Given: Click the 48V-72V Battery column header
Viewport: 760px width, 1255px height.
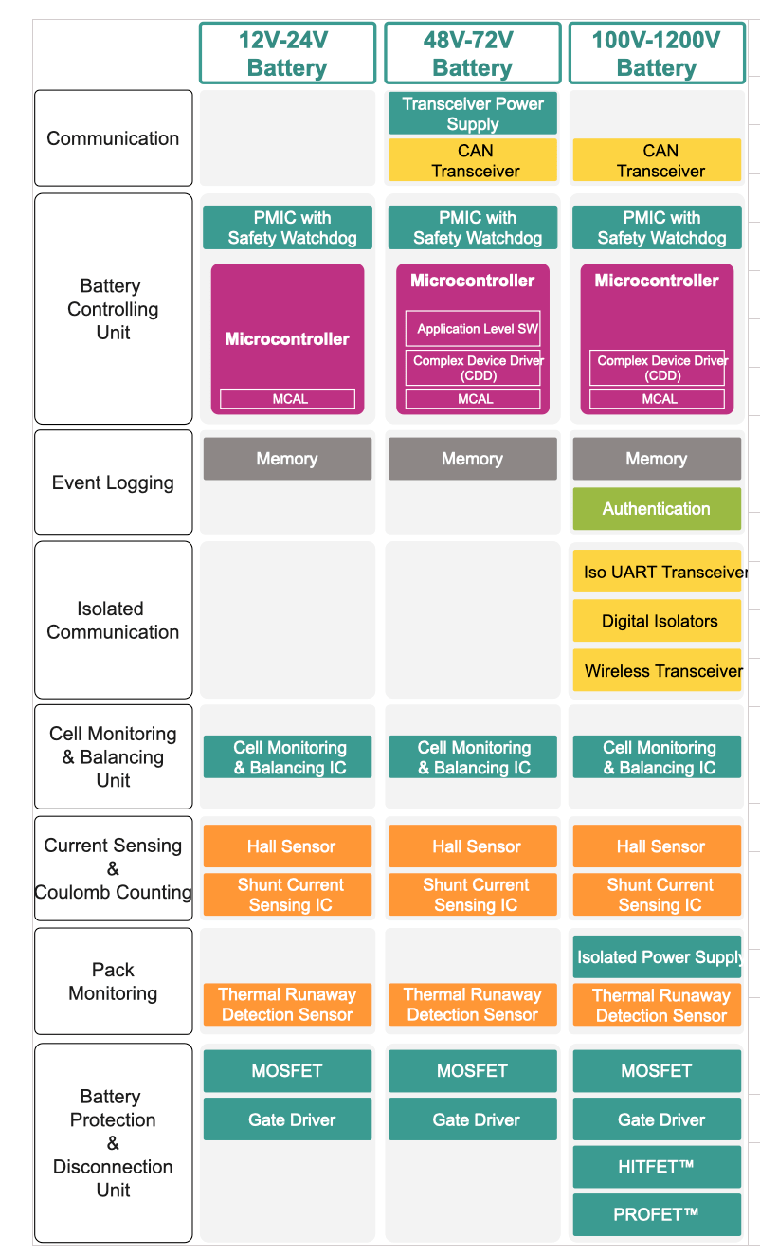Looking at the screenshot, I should [x=472, y=53].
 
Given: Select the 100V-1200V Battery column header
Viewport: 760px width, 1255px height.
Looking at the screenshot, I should [x=656, y=53].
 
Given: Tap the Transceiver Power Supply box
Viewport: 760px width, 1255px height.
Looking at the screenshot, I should [x=472, y=113].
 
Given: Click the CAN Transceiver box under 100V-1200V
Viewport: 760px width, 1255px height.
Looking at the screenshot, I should [x=657, y=160].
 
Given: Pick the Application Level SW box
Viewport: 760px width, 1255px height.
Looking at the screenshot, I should [x=472, y=329].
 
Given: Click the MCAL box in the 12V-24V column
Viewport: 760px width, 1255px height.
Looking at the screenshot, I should [x=287, y=399].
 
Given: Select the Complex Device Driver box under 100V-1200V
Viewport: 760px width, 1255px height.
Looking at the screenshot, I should [x=657, y=368].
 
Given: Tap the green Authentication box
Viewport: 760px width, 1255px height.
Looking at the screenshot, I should [x=657, y=509].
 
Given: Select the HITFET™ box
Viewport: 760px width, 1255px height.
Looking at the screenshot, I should [x=657, y=1167].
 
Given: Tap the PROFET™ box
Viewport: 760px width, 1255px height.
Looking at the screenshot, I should [x=657, y=1214].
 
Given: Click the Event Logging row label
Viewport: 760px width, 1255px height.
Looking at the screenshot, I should [x=113, y=482].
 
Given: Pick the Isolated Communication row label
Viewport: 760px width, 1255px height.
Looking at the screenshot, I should [x=113, y=620].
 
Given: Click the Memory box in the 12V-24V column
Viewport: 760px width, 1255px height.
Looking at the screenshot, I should [x=287, y=459].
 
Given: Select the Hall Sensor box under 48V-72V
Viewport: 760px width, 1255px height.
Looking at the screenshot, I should [x=472, y=846].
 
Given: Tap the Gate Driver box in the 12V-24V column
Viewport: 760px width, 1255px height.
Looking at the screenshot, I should [x=287, y=1119].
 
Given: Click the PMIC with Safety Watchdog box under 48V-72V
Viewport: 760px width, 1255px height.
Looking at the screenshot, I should [x=472, y=227].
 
